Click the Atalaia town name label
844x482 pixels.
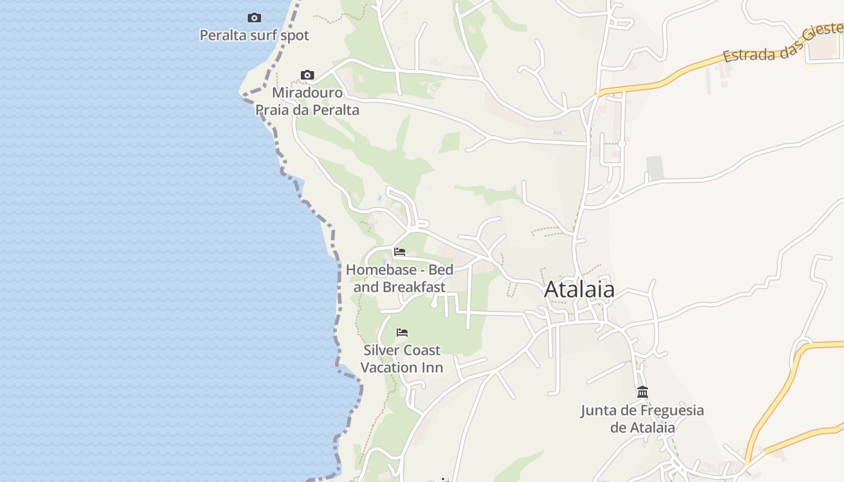click(x=579, y=290)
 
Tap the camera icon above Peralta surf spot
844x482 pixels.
click(x=254, y=18)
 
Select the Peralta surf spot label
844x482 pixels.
click(x=254, y=36)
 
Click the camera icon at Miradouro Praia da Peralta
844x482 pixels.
click(x=307, y=75)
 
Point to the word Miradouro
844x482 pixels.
click(x=307, y=93)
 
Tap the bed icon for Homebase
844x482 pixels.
click(x=400, y=252)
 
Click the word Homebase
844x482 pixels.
click(x=374, y=270)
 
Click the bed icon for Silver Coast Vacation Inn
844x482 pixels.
click(x=402, y=333)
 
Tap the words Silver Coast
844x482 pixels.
click(x=402, y=350)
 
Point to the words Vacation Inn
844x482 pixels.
click(x=402, y=368)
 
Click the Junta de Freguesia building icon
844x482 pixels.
click(x=643, y=392)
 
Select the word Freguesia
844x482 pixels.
click(x=669, y=411)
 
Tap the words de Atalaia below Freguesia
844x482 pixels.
click(x=643, y=428)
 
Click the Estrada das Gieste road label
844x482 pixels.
click(x=778, y=45)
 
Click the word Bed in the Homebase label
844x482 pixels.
click(x=441, y=270)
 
